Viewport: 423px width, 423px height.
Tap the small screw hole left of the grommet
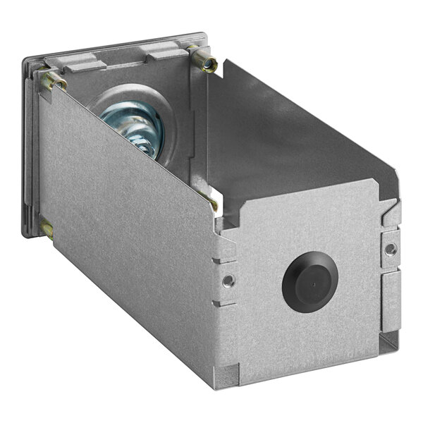coord(226,281)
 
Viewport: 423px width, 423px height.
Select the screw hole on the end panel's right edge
coord(390,250)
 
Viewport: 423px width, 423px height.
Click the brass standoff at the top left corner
coord(55,81)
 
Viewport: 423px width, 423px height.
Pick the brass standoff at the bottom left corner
coord(47,228)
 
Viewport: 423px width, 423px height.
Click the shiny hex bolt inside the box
coord(137,127)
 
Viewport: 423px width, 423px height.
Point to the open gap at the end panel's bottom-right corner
coord(387,343)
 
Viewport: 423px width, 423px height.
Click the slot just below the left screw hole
coord(227,299)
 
